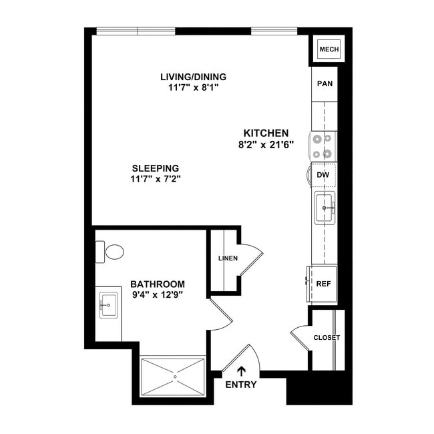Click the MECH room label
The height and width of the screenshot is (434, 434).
pos(329,49)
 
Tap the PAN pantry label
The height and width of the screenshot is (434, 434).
pos(324,84)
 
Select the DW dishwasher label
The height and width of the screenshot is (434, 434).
pos(324,175)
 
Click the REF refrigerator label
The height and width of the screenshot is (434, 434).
pos(324,283)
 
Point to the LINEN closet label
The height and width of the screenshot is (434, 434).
pos(228,258)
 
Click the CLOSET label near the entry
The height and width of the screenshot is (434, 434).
pos(327,338)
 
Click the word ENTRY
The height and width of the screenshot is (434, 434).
pos(241,385)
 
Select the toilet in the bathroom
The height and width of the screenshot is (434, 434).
pos(113,252)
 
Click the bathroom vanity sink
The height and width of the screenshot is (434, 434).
pos(109,306)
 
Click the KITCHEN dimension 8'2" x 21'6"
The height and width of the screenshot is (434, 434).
pos(266,144)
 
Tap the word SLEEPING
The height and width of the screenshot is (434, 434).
pos(156,168)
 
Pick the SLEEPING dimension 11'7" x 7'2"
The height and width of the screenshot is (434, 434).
pos(156,179)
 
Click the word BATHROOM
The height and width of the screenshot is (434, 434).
pos(158,284)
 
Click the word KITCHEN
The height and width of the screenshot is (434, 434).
pos(266,133)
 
